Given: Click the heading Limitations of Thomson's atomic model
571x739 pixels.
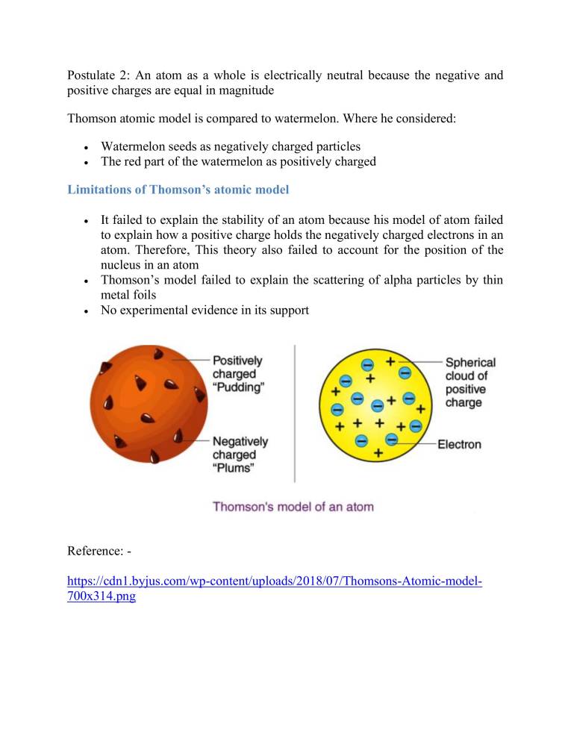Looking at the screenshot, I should (x=178, y=190).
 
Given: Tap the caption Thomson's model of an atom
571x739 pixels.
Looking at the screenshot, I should (x=293, y=507).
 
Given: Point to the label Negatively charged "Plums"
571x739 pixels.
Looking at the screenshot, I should (x=240, y=455).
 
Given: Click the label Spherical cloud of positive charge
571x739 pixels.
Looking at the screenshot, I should (x=470, y=382).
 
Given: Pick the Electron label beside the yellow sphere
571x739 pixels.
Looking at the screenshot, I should (x=459, y=445).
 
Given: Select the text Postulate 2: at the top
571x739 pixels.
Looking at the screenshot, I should (x=100, y=75).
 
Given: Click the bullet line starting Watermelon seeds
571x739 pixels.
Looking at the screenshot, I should (x=230, y=147).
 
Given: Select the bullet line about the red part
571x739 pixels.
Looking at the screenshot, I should (x=238, y=161).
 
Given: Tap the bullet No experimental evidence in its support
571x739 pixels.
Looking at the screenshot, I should (x=205, y=310).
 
